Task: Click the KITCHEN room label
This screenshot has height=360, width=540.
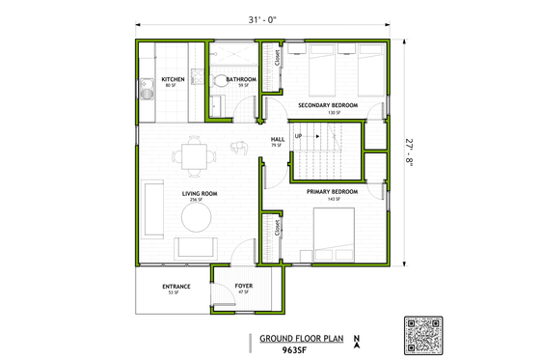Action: coord(174,79)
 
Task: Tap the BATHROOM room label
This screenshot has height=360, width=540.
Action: coord(241,79)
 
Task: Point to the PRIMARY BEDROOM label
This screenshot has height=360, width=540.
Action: coord(333,192)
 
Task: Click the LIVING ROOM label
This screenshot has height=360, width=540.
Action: coord(200,194)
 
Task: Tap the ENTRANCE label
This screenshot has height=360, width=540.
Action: coord(176,286)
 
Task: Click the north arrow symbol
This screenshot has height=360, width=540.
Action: coord(356,340)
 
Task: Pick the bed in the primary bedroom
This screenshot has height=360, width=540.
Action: coord(337,235)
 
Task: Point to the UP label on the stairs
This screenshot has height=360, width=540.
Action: coord(299,136)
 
